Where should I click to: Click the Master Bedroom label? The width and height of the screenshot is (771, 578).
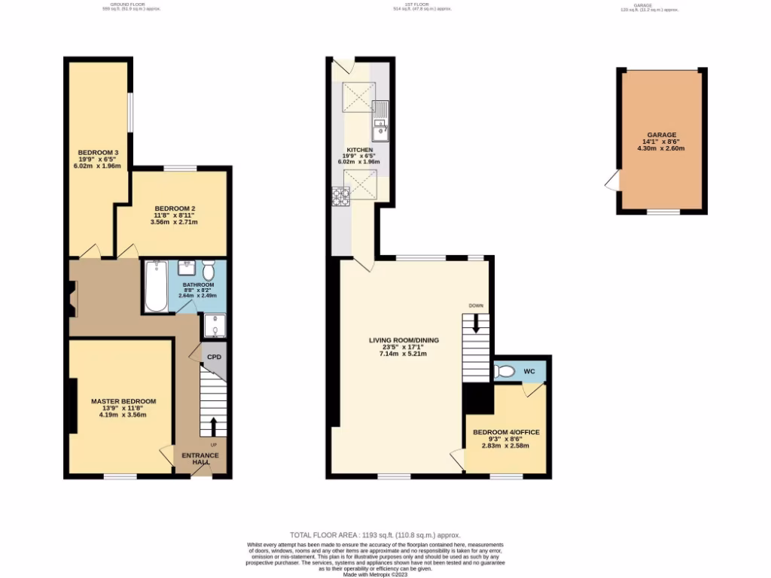(123, 401)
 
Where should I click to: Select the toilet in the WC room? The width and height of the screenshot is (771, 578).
(505, 371)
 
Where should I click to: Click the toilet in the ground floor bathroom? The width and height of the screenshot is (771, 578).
(209, 270)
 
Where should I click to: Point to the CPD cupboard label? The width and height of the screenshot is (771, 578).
(215, 357)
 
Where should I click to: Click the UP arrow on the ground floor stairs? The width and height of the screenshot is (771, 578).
(214, 427)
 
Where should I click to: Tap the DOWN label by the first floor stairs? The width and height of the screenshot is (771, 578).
(476, 306)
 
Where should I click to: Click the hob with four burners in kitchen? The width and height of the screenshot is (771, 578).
(340, 196)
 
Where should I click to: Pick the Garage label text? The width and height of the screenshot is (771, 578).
(663, 134)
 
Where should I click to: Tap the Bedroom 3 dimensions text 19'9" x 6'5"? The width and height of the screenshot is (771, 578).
(98, 160)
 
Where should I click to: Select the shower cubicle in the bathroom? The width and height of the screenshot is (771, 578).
(213, 326)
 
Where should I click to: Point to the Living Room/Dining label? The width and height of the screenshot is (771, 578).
(404, 340)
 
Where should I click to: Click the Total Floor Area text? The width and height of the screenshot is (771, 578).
(374, 534)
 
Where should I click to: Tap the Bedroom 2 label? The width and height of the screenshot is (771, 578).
(175, 208)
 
